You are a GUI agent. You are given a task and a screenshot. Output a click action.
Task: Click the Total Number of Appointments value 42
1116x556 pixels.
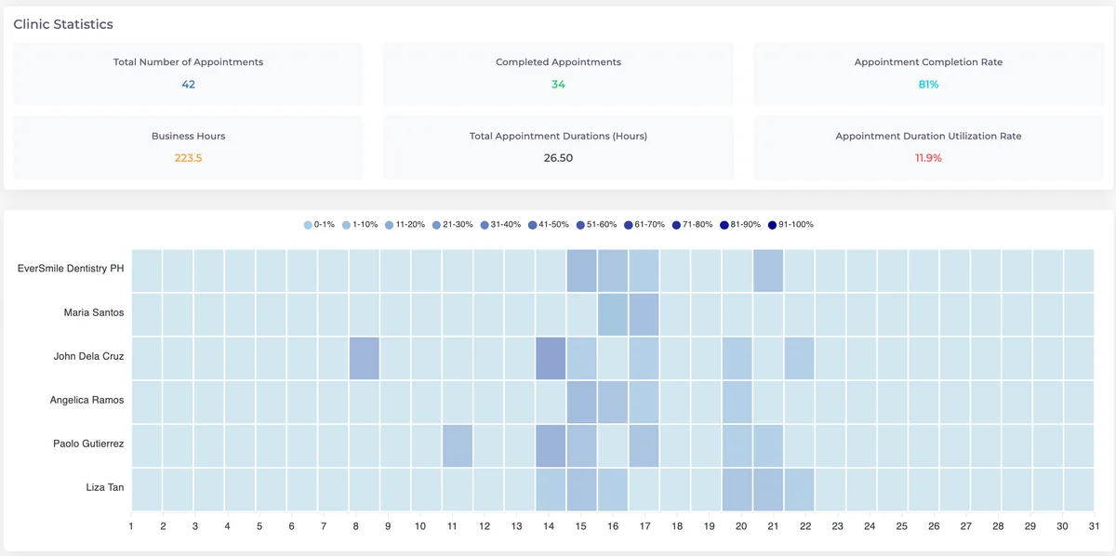[188, 85]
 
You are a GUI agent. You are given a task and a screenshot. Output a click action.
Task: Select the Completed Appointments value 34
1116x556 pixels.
[558, 85]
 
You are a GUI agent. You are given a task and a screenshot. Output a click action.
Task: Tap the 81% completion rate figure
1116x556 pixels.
[928, 85]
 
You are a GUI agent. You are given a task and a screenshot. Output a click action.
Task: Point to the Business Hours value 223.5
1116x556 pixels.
[188, 158]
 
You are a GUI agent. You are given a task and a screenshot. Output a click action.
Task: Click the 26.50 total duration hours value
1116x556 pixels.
[558, 158]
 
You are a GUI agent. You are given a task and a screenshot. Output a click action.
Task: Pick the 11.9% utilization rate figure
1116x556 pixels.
[928, 158]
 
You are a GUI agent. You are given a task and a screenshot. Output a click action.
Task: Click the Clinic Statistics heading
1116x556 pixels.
[63, 24]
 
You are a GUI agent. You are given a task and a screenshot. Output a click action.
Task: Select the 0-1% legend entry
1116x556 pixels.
[319, 225]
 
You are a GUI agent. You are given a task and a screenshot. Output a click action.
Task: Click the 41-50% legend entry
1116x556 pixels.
[549, 225]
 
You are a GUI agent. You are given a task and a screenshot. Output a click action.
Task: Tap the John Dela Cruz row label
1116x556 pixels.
[88, 356]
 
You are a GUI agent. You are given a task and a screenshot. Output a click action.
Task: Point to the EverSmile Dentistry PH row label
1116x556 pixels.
[71, 269]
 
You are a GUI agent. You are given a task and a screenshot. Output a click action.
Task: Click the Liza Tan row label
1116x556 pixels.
[104, 487]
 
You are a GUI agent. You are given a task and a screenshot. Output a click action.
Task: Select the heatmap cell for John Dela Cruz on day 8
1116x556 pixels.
[365, 358]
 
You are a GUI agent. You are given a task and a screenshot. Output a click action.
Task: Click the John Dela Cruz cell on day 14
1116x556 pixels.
[551, 358]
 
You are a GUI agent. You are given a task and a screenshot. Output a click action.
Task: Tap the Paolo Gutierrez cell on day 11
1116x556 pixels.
[458, 446]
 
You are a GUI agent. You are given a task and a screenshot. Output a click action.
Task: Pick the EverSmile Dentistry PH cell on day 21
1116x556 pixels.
[768, 271]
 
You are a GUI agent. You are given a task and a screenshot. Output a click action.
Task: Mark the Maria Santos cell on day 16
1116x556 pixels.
[613, 314]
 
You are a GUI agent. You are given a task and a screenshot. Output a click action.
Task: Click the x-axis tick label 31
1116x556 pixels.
[1094, 526]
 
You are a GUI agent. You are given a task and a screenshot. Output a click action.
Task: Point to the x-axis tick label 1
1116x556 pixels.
[131, 526]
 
